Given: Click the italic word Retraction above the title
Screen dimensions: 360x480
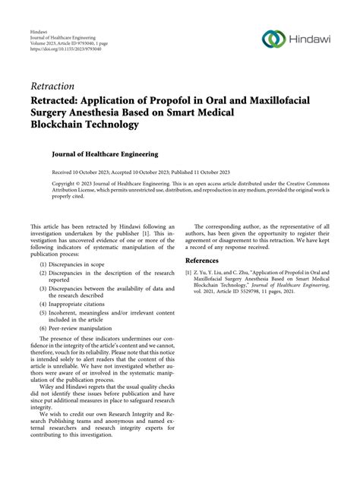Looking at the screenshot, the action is point(52,86).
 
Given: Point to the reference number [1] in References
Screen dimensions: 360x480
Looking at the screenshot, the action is point(190,271).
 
